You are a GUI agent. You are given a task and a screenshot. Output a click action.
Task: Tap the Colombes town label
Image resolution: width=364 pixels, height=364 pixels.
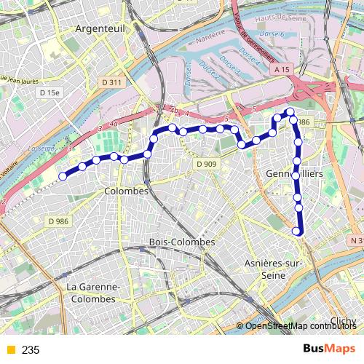pyautogui.click(x=126, y=191)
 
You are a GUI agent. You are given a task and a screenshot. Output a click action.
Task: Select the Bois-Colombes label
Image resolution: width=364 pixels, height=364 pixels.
pyautogui.click(x=181, y=242)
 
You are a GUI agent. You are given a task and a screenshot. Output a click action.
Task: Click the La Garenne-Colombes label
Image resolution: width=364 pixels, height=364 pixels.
pyautogui.click(x=91, y=293)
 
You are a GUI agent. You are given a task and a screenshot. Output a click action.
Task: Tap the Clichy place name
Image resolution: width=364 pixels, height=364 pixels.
pyautogui.click(x=343, y=321)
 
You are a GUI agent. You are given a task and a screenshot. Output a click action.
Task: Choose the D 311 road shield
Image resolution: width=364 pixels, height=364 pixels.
pyautogui.click(x=111, y=83)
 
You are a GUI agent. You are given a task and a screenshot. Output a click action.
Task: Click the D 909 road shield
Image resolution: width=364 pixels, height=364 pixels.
pyautogui.click(x=206, y=165)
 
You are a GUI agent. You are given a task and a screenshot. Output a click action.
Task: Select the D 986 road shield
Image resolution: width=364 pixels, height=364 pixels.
pyautogui.click(x=58, y=221)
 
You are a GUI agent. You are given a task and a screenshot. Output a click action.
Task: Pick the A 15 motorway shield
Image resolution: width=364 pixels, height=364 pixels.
pyautogui.click(x=283, y=68)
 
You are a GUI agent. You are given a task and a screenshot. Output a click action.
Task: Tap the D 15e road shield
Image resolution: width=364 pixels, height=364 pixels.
pyautogui.click(x=51, y=93)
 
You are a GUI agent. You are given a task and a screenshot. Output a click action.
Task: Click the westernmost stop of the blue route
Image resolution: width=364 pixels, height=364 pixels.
pyautogui.click(x=63, y=175)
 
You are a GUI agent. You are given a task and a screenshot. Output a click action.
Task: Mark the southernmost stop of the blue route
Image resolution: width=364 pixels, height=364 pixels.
pyautogui.click(x=296, y=232)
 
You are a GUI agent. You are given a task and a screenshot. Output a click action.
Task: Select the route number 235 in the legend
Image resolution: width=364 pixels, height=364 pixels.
pyautogui.click(x=31, y=350)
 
